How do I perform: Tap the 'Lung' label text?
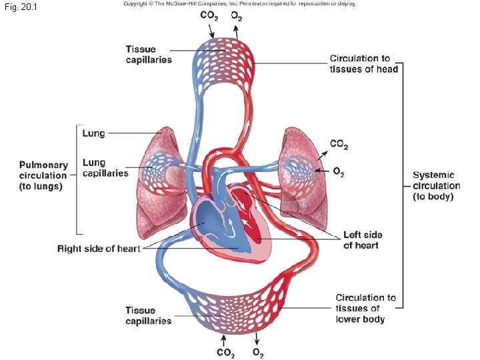coord(93,133)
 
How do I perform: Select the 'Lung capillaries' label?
coord(105,168)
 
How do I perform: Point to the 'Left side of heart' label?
coord(363,240)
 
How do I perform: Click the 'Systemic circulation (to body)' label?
coord(436,185)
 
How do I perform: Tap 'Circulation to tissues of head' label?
coord(363,64)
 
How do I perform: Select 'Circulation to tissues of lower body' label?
coord(365,308)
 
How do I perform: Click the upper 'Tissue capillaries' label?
coord(149,54)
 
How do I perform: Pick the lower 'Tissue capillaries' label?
coord(149,315)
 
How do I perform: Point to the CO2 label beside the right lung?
coord(339,144)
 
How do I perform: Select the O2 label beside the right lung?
coord(338,173)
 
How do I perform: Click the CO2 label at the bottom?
coord(225,353)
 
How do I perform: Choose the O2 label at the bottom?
coord(257,353)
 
